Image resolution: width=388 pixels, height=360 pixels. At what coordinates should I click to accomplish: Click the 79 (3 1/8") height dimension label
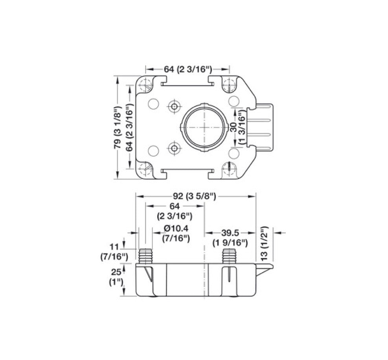[118, 127]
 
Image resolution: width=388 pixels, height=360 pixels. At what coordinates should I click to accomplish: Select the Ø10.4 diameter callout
[176, 229]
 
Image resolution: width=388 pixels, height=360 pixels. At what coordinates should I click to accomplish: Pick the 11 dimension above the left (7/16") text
[114, 247]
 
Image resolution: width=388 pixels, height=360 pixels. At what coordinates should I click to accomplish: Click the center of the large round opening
[204, 127]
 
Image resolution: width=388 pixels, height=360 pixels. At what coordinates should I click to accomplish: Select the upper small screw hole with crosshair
[173, 106]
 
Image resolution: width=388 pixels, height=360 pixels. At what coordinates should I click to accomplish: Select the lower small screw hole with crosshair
[173, 148]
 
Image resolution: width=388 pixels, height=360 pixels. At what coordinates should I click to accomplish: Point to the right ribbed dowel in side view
[229, 256]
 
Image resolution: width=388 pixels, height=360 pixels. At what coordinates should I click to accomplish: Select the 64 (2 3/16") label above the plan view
[188, 69]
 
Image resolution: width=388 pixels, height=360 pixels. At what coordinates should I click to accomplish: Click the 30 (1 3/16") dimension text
[238, 127]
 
